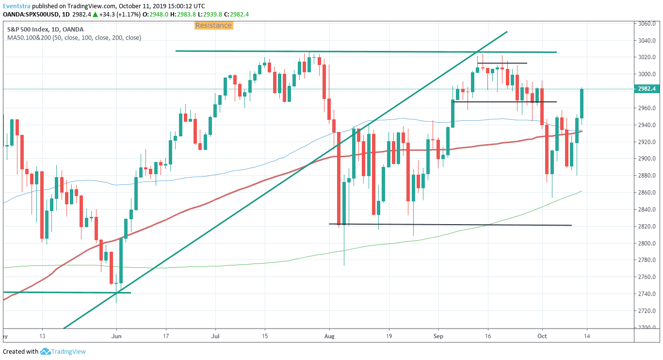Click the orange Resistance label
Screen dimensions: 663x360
tap(214, 25)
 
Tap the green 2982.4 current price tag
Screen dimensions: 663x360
tap(647, 89)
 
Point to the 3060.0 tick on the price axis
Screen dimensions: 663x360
tap(647, 24)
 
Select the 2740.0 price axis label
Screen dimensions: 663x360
tap(647, 294)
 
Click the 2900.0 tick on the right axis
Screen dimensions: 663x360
tap(647, 159)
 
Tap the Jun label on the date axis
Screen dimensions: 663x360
tap(116, 336)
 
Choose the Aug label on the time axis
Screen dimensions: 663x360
tap(329, 336)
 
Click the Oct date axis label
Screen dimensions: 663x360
tap(542, 336)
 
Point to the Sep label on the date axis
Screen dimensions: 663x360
tap(438, 336)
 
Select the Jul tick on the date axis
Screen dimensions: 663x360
tap(215, 336)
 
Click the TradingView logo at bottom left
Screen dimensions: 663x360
tap(63, 351)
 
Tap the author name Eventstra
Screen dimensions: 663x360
tap(16, 6)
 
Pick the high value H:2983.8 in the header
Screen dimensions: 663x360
tap(183, 14)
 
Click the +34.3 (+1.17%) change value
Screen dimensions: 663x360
tap(120, 14)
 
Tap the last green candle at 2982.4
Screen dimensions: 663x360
tap(582, 104)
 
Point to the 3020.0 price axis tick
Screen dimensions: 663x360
tap(647, 57)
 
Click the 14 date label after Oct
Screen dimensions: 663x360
tap(587, 336)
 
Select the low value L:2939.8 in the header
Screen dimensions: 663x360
tap(210, 14)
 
